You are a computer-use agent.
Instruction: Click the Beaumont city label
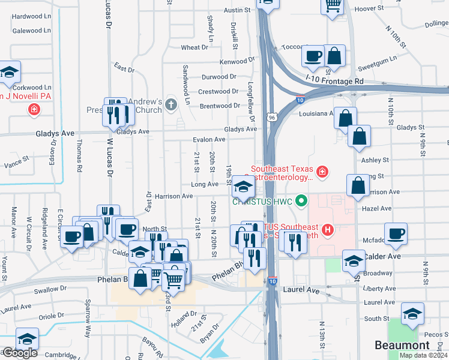(402, 345)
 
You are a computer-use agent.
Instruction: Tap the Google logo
(19, 353)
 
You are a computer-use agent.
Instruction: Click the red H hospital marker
(328, 229)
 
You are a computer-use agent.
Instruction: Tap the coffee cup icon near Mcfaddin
(396, 233)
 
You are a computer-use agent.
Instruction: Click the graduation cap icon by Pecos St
(412, 313)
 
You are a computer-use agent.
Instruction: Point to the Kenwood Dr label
(237, 62)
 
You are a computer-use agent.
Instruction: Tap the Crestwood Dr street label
(218, 92)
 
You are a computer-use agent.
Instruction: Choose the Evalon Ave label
(209, 140)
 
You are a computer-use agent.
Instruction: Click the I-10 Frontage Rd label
(334, 80)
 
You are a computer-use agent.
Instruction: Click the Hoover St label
(369, 8)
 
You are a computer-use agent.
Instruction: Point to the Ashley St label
(375, 160)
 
